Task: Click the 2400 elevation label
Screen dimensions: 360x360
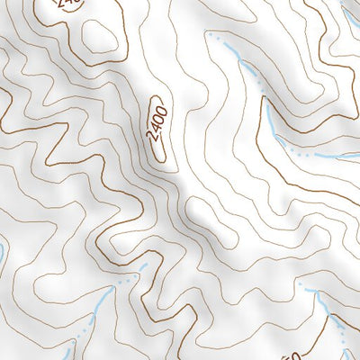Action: coord(159,130)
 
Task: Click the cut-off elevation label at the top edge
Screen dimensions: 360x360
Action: coord(67,4)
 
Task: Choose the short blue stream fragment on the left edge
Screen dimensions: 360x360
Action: coord(3,254)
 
